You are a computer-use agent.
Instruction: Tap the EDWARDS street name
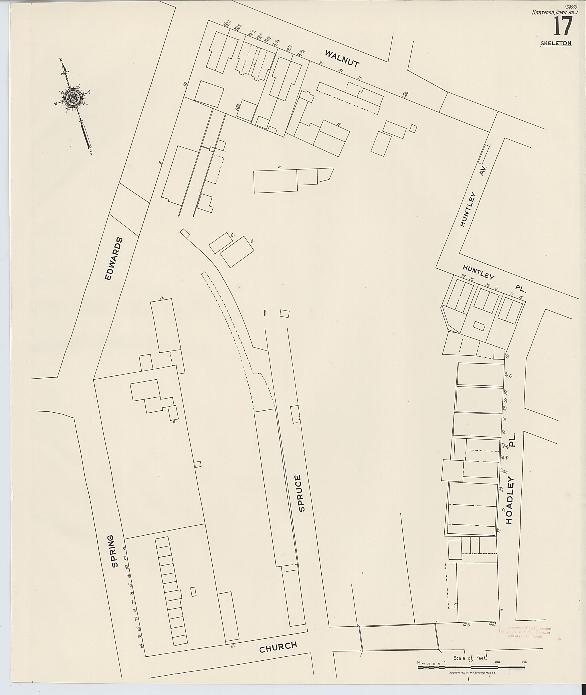[114, 259]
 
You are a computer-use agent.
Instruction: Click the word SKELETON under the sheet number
[556, 43]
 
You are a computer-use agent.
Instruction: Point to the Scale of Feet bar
[472, 667]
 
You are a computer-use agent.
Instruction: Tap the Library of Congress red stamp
[524, 632]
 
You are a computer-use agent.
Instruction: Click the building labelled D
[237, 252]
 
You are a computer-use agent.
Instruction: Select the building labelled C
[220, 243]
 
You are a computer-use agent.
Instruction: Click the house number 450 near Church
[466, 625]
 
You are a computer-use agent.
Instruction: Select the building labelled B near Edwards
[165, 325]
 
